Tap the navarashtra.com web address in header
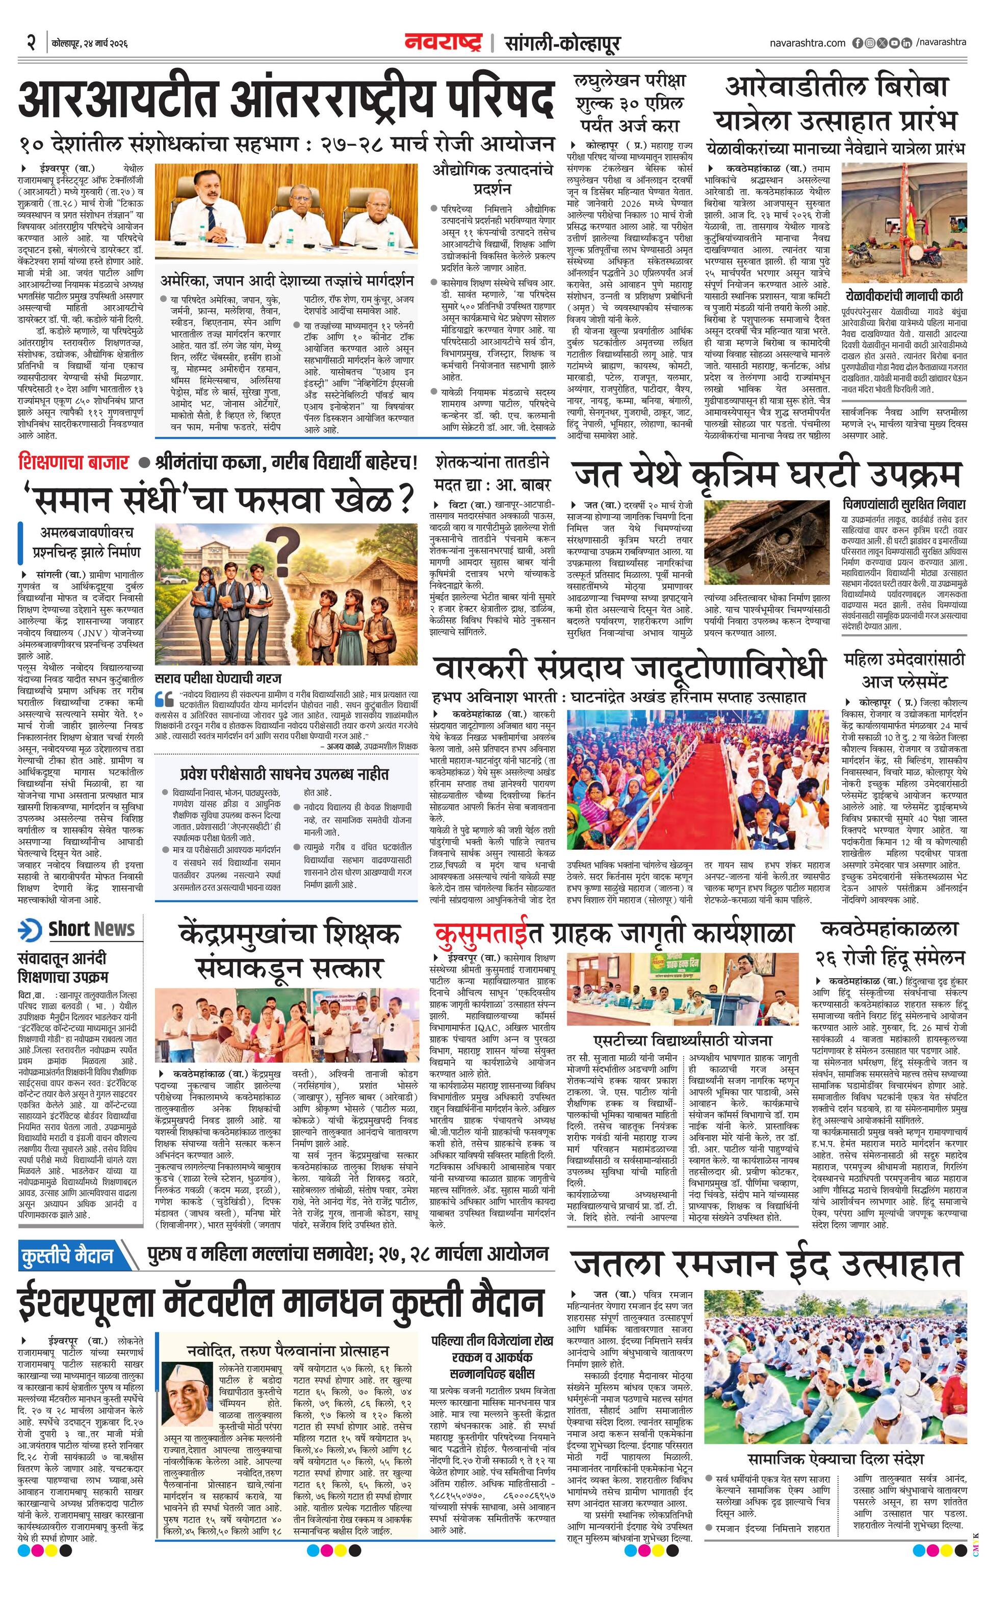pyautogui.click(x=807, y=43)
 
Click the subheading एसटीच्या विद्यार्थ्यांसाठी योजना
pyautogui.click(x=683, y=1040)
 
